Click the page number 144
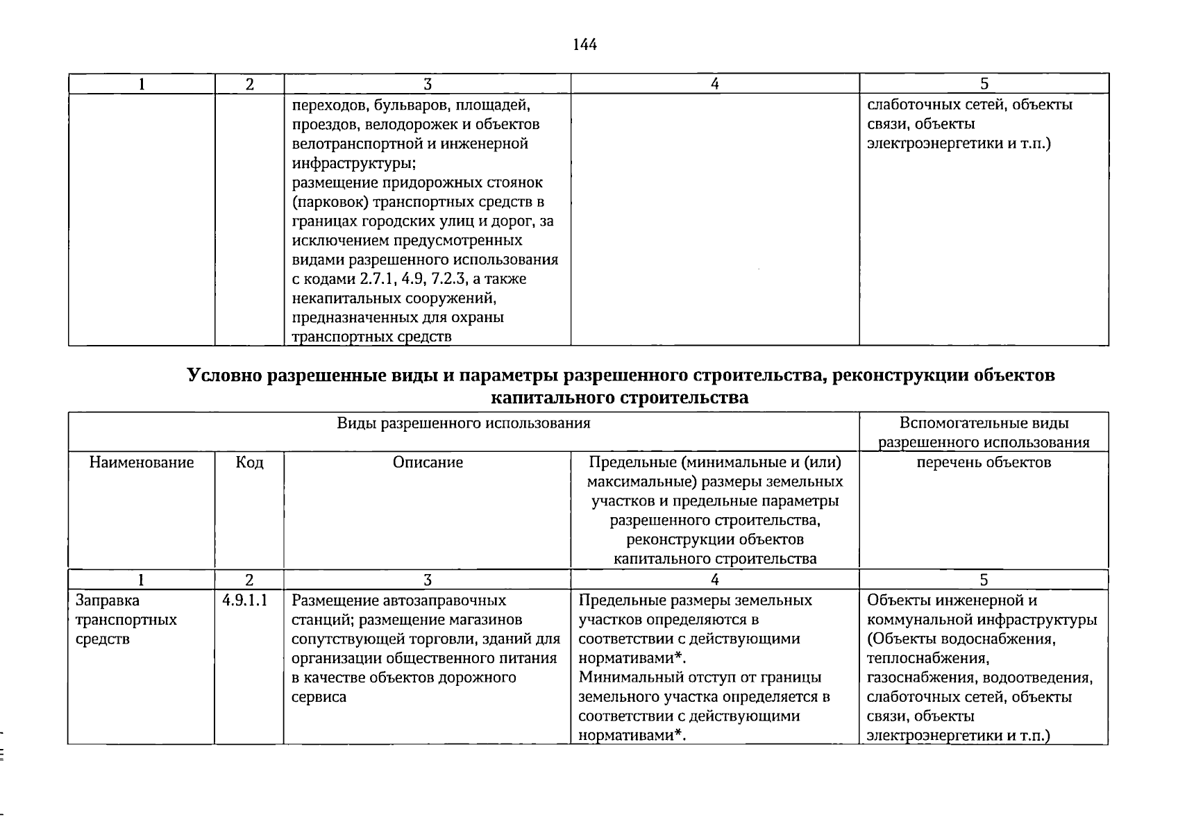tap(584, 45)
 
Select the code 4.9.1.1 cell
tap(245, 600)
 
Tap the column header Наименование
tap(142, 462)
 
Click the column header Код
tap(249, 462)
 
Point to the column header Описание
tap(428, 462)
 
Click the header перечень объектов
tap(984, 462)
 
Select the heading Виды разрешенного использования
tap(464, 423)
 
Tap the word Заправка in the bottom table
tap(108, 600)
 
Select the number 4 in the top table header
tap(715, 84)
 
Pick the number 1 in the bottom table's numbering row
tap(142, 580)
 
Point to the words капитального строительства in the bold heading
tap(619, 398)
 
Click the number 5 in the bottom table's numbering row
tap(984, 580)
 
